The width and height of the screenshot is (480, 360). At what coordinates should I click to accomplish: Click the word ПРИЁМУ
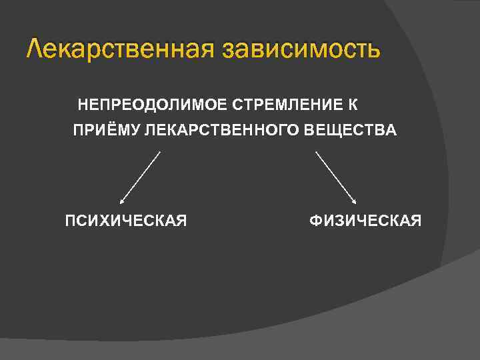[x=104, y=131]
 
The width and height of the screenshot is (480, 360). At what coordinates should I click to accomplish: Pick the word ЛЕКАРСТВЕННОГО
[x=219, y=131]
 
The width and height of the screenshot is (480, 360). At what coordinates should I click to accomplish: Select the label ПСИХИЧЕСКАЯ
[x=125, y=221]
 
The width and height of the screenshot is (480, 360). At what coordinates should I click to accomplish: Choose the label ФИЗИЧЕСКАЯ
[x=365, y=221]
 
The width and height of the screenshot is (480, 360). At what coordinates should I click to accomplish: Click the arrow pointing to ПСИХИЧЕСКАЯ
[x=140, y=177]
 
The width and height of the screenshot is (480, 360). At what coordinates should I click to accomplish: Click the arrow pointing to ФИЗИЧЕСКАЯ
[x=336, y=177]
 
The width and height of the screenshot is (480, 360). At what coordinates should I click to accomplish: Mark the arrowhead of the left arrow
[x=121, y=200]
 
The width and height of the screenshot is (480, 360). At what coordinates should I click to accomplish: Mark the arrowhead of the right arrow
[x=355, y=200]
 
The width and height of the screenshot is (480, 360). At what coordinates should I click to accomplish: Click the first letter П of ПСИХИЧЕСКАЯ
[x=69, y=221]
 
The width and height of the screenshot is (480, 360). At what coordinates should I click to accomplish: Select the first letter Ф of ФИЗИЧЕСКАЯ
[x=315, y=221]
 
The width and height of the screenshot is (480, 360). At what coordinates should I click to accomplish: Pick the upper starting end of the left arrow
[x=160, y=152]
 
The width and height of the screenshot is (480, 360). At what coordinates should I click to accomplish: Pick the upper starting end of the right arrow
[x=316, y=152]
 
